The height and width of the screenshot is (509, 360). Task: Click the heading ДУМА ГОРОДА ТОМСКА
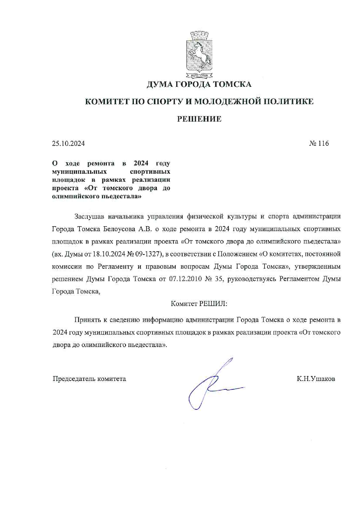(199, 84)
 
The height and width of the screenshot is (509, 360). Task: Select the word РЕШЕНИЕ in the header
(199, 119)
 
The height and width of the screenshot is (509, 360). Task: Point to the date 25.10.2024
(69, 143)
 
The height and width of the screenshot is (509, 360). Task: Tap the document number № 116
(319, 143)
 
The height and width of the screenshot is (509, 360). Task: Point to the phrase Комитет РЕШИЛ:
(199, 304)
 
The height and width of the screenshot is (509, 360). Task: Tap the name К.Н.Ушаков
(316, 379)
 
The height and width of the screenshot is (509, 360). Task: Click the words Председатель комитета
(89, 379)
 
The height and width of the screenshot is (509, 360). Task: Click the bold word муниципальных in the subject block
(79, 172)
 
